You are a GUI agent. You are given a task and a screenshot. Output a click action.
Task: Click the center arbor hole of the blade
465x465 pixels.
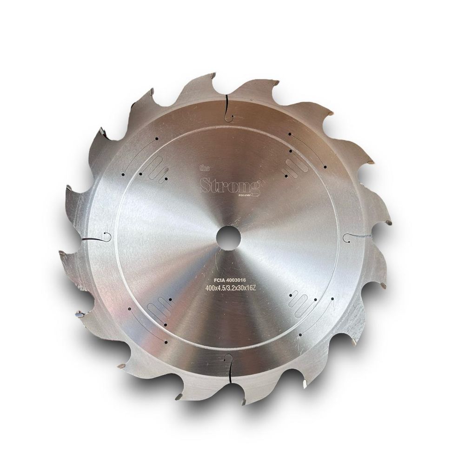(228, 236)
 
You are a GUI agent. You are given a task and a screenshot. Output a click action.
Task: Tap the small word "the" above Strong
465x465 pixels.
(205, 169)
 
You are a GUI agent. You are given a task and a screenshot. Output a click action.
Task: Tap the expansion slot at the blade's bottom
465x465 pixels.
(228, 367)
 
